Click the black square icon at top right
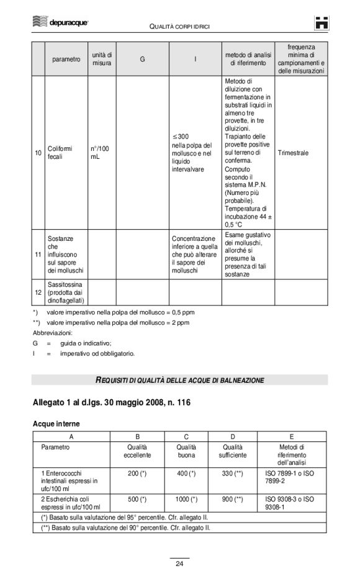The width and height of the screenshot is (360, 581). [322, 23]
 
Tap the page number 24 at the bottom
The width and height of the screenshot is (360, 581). [179, 563]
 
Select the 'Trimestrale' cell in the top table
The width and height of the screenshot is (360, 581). [294, 153]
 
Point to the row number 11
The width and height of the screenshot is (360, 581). [38, 255]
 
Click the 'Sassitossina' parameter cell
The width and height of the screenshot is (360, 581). [65, 292]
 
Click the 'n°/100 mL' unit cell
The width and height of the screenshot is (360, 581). [99, 153]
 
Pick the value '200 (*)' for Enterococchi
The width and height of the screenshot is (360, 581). [137, 474]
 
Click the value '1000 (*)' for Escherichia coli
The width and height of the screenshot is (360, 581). [186, 499]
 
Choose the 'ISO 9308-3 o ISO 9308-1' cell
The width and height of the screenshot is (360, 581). [290, 503]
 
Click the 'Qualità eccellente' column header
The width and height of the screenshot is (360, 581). [137, 451]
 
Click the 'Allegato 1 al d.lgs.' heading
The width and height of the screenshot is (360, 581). [111, 403]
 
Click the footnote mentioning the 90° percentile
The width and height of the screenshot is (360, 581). [124, 528]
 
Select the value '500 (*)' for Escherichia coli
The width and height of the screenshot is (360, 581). [137, 499]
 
